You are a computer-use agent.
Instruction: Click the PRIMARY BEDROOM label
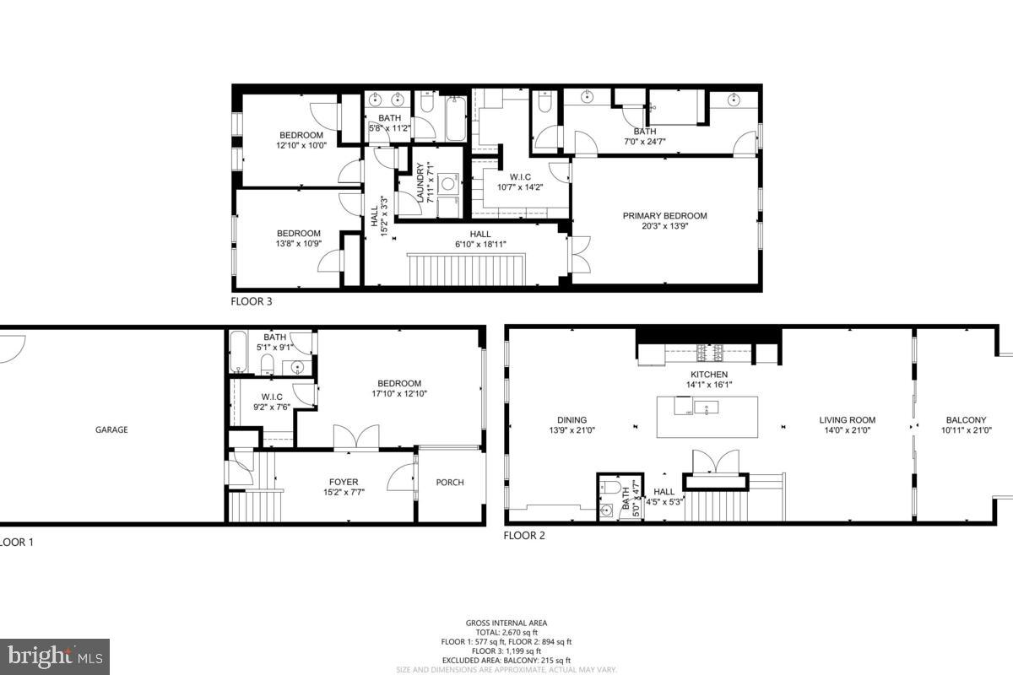click(664, 216)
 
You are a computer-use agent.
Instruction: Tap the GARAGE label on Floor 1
click(111, 429)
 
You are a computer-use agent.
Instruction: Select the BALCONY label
click(966, 420)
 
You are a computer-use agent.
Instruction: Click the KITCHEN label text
click(709, 375)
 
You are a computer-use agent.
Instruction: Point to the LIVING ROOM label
click(847, 420)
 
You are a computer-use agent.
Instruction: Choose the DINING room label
click(572, 420)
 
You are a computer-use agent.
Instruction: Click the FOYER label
click(344, 483)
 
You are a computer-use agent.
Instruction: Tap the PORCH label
click(449, 483)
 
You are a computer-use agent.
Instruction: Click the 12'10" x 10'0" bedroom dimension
click(301, 145)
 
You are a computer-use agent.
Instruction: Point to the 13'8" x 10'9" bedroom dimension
click(299, 244)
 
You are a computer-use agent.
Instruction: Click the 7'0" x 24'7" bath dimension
click(644, 141)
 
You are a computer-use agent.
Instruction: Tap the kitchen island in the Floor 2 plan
click(707, 416)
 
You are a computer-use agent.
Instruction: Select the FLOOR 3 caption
click(252, 300)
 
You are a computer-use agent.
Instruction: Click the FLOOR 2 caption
click(524, 535)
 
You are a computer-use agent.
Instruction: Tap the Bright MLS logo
click(54, 656)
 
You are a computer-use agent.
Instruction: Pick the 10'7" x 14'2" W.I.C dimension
click(521, 187)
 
